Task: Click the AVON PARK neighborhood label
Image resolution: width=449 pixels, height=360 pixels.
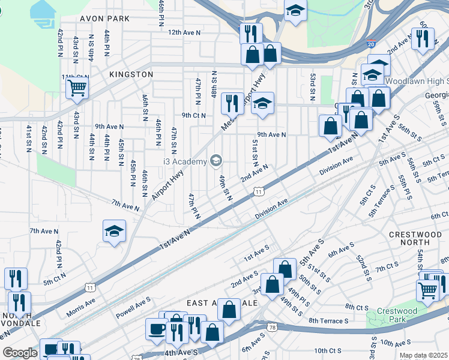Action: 106,19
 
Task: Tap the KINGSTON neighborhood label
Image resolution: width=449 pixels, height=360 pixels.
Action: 131,74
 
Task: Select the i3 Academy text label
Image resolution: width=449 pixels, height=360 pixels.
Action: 184,160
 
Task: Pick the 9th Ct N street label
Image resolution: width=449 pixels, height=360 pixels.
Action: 194,115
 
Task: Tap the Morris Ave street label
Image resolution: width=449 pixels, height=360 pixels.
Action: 80,302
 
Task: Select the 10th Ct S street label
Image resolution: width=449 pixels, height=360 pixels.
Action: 328,350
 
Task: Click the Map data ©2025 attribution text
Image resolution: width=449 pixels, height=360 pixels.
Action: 423,355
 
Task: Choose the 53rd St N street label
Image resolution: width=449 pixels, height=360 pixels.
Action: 313,88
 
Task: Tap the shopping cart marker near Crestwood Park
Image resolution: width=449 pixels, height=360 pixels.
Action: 427,290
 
